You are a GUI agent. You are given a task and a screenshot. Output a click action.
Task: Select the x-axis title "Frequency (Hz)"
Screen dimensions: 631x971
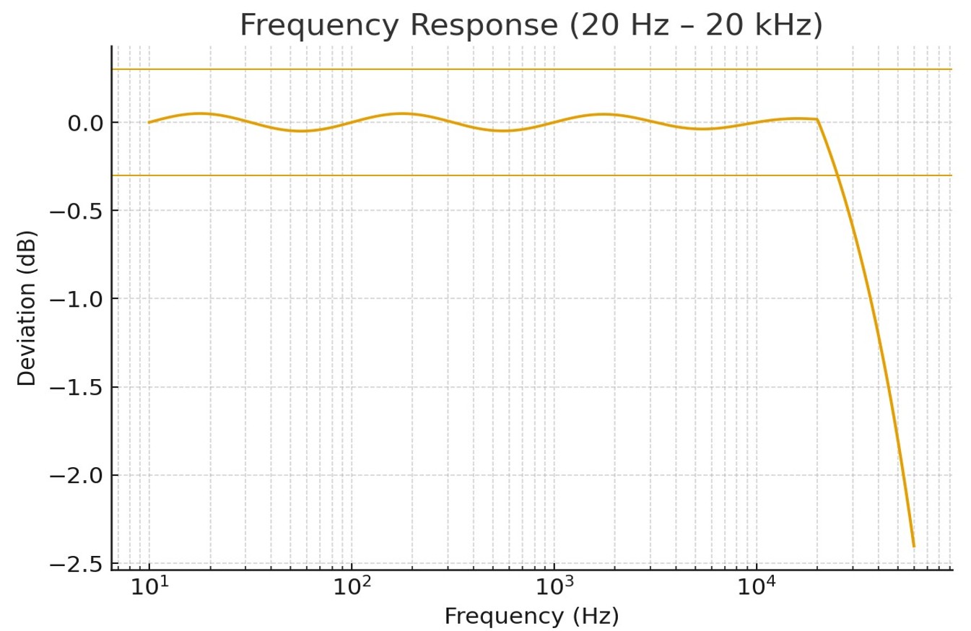531,616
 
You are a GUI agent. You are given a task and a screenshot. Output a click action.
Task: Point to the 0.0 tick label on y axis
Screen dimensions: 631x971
85,123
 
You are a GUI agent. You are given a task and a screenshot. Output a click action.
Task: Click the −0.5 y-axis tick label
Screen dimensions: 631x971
80,212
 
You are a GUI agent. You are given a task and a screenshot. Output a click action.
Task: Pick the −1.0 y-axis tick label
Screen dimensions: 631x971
80,300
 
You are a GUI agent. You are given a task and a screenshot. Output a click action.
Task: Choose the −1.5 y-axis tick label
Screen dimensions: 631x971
80,388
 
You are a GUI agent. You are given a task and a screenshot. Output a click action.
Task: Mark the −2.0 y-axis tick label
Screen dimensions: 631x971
80,476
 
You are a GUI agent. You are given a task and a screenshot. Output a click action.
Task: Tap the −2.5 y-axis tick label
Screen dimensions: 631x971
80,564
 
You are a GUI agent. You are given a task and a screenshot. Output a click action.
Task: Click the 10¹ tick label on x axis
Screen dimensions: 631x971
149,587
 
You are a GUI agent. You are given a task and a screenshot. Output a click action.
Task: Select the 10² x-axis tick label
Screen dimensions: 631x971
352,587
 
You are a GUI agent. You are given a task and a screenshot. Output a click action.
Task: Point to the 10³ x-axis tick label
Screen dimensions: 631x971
554,587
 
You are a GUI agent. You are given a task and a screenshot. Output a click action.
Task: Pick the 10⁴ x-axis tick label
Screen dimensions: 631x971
757,587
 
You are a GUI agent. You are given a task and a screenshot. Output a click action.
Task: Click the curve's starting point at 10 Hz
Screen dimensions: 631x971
149,122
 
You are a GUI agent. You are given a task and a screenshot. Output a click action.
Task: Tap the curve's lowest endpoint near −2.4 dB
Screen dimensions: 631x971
913,546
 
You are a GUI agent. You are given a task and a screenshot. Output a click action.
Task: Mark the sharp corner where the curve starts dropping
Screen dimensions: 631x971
817,119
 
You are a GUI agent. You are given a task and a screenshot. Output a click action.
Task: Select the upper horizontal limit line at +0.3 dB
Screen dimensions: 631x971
505,69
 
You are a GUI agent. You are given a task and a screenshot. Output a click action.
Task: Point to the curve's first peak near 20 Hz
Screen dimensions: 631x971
200,113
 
